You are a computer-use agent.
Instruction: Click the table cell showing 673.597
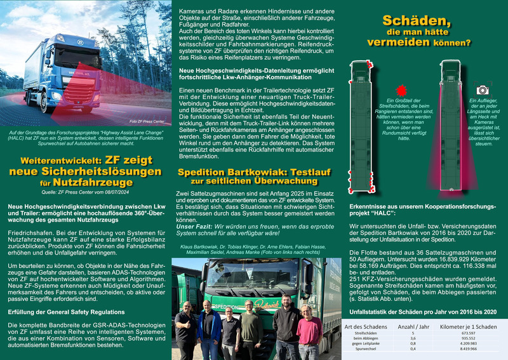(x=467, y=332)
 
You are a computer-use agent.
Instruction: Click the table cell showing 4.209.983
(x=467, y=343)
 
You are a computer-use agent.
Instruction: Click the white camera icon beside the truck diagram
(x=482, y=91)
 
